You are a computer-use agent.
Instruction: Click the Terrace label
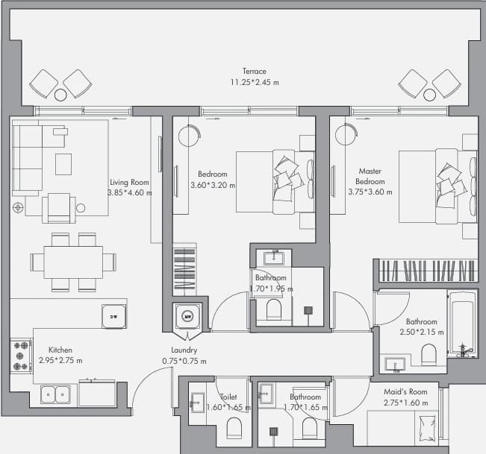(254, 71)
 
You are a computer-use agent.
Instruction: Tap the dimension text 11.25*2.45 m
(254, 82)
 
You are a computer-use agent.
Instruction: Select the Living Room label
(130, 183)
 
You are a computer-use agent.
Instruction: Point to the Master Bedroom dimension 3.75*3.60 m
(370, 192)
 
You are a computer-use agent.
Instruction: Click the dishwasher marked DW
(113, 316)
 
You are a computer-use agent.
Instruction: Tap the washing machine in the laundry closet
(187, 316)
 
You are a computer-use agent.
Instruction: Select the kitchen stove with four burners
(21, 356)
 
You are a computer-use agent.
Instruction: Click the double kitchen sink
(55, 394)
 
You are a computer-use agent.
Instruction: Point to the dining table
(73, 262)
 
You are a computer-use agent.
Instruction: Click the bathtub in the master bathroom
(462, 324)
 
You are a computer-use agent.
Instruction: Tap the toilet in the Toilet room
(234, 428)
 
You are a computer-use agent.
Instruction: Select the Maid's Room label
(405, 392)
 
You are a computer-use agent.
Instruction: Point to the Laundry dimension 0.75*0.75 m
(184, 361)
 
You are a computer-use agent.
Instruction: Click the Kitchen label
(60, 350)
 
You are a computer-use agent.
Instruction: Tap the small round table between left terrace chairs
(60, 95)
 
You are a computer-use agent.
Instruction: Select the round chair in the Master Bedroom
(346, 135)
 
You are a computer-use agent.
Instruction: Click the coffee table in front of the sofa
(63, 164)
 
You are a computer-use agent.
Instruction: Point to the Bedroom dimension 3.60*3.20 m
(213, 186)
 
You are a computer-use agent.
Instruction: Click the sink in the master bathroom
(395, 365)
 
